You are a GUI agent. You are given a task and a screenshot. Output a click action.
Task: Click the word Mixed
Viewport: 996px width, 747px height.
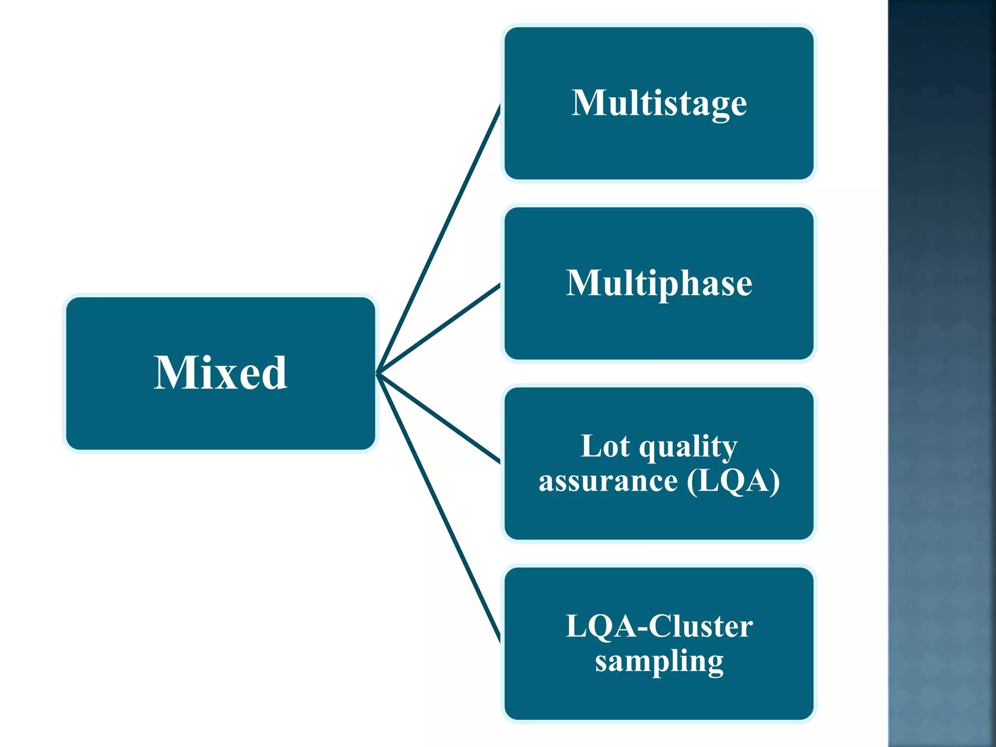pyautogui.click(x=220, y=373)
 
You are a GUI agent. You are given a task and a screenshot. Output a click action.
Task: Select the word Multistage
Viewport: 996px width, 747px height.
pyautogui.click(x=659, y=103)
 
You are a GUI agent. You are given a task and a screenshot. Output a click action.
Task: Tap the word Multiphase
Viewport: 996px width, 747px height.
pyautogui.click(x=659, y=283)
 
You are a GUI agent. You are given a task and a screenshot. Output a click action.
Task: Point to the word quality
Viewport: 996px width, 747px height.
pyautogui.click(x=688, y=447)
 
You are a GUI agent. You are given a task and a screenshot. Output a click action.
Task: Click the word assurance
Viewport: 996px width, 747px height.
pyautogui.click(x=608, y=481)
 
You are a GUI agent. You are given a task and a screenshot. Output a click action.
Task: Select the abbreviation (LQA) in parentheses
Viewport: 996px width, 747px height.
pyautogui.click(x=733, y=481)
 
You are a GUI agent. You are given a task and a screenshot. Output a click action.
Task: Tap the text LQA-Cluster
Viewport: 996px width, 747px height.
pyautogui.click(x=659, y=626)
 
